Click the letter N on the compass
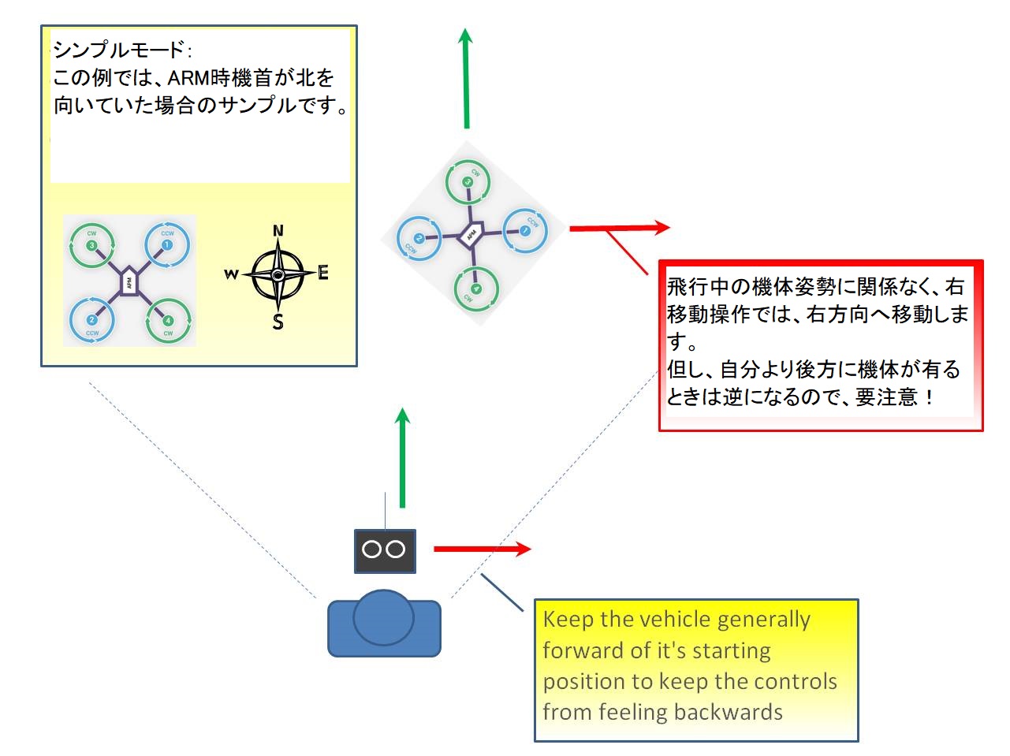[x=278, y=231]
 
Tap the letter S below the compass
[x=278, y=322]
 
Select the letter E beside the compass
[x=322, y=274]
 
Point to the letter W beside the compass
[x=231, y=274]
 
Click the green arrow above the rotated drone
[x=466, y=79]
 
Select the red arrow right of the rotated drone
[x=619, y=228]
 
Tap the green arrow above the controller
[x=402, y=457]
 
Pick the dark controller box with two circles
[x=384, y=550]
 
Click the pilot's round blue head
[x=383, y=618]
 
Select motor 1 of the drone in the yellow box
[x=167, y=245]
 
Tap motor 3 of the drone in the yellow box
[x=91, y=245]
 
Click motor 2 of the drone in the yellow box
[x=91, y=320]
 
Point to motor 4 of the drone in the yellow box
[x=167, y=321]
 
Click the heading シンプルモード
[x=118, y=50]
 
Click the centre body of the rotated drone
[x=471, y=234]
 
